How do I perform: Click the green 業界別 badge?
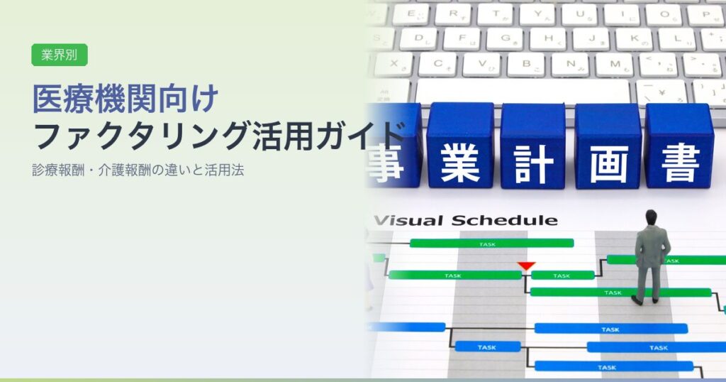click(x=60, y=55)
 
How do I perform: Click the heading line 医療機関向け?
click(x=125, y=99)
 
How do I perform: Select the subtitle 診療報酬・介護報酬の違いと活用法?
click(x=138, y=170)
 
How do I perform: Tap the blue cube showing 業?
click(x=460, y=146)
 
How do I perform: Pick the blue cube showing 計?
click(x=533, y=146)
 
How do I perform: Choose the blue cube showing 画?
click(x=608, y=146)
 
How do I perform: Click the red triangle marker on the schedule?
click(x=526, y=266)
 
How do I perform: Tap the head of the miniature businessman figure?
click(x=651, y=217)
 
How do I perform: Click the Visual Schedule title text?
click(x=465, y=220)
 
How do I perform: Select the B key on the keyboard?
click(x=526, y=65)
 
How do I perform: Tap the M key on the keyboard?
click(x=615, y=65)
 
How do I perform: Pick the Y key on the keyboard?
click(x=537, y=15)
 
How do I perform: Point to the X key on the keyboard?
click(x=393, y=64)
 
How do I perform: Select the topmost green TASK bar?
click(x=492, y=244)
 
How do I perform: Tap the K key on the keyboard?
click(x=634, y=39)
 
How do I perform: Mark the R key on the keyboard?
click(x=453, y=15)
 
